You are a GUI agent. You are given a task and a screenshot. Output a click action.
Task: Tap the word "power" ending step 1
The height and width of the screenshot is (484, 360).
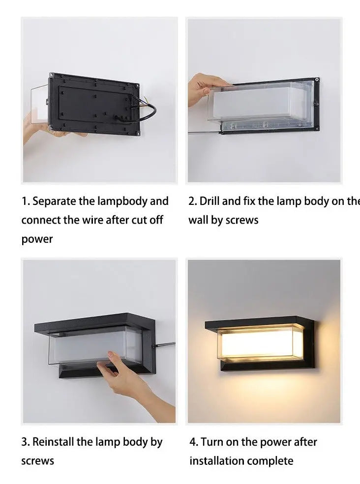pos(36,239)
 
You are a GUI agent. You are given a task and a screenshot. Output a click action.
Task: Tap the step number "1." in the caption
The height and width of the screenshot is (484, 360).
pos(26,201)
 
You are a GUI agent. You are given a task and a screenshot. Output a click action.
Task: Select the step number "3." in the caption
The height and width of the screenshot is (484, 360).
pos(26,442)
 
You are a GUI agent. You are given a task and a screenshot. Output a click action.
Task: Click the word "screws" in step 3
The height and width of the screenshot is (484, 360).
pos(37,461)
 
